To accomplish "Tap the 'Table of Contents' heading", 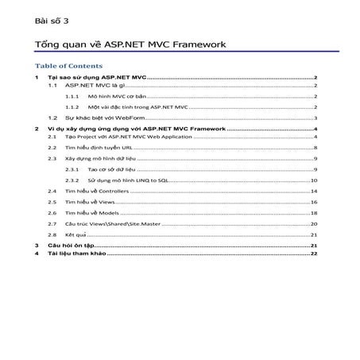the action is [x=69, y=66].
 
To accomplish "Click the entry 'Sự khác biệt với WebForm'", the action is [x=98, y=116].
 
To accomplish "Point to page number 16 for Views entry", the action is [x=314, y=203].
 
